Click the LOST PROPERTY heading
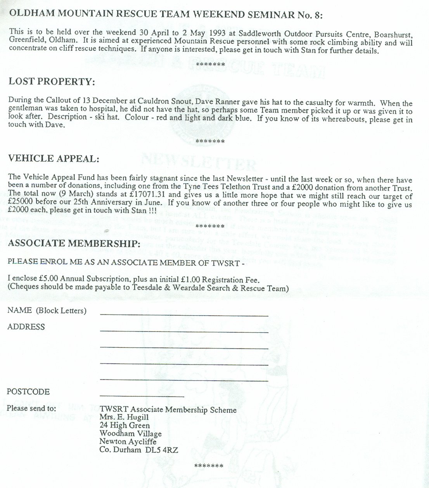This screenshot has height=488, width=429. pyautogui.click(x=51, y=82)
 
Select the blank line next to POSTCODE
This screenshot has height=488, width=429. pyautogui.click(x=142, y=396)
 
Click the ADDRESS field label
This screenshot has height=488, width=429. pyautogui.click(x=26, y=327)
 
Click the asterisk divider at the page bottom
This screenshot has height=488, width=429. pyautogui.click(x=208, y=466)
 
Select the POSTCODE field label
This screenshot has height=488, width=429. pyautogui.click(x=28, y=392)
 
